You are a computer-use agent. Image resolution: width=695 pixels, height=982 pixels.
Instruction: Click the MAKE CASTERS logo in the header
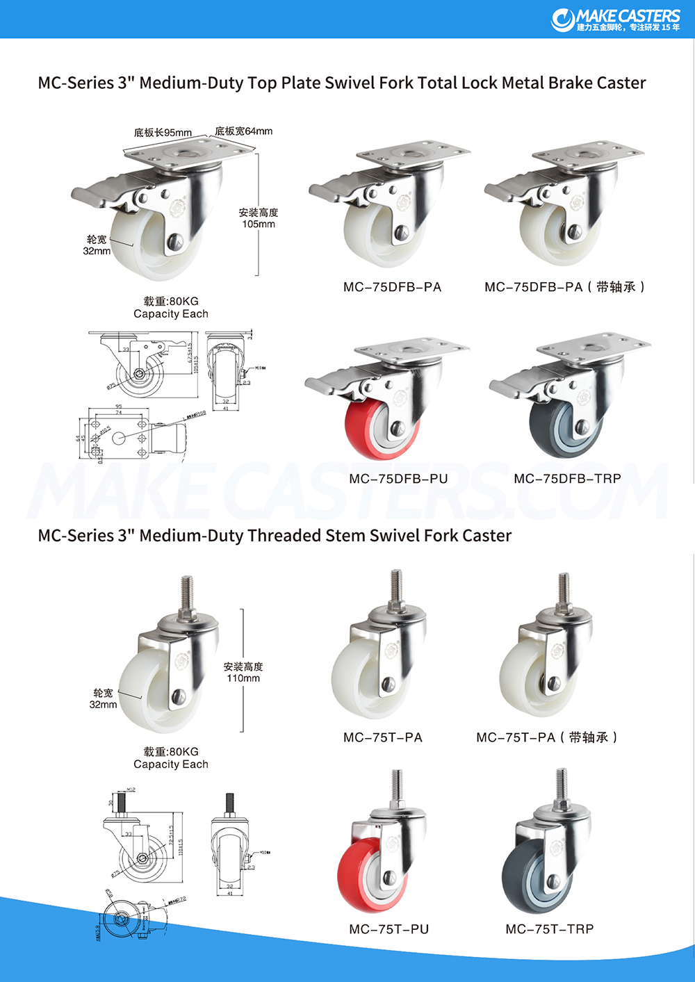(x=616, y=19)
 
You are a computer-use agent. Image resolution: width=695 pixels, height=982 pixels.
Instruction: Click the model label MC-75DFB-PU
(x=398, y=479)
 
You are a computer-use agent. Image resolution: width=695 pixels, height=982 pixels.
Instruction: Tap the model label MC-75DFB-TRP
(x=567, y=479)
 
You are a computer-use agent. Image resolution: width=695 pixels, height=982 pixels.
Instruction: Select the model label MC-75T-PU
(x=389, y=929)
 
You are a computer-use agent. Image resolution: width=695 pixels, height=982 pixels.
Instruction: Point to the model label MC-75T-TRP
(x=550, y=929)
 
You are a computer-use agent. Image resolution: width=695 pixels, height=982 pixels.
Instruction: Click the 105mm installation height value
(x=259, y=224)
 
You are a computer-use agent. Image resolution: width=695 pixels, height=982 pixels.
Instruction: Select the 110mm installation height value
(x=243, y=678)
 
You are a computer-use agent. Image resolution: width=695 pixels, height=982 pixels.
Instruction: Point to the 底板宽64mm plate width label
(x=243, y=131)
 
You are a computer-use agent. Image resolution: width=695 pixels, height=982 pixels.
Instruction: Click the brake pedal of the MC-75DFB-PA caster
(x=330, y=190)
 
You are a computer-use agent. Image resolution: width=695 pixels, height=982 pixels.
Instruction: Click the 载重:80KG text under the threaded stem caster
(x=171, y=752)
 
